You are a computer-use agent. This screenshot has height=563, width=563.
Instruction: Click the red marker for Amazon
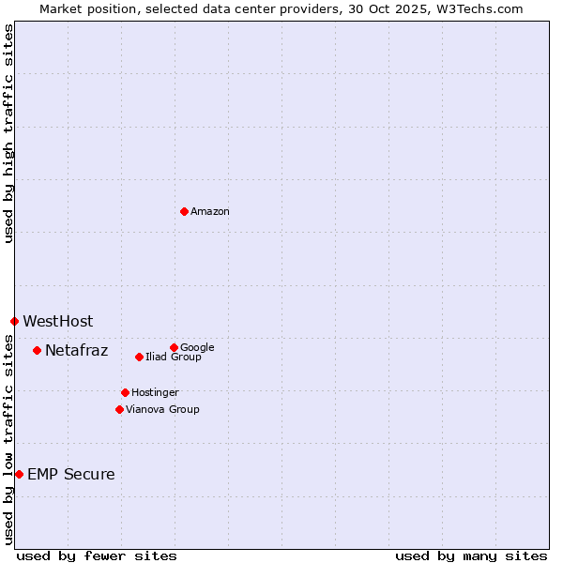coord(184,211)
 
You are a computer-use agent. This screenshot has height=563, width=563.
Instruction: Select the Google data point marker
coord(174,347)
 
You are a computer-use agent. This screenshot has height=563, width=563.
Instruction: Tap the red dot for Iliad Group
coord(139,357)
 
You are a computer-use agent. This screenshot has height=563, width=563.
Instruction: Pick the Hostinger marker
coord(125,392)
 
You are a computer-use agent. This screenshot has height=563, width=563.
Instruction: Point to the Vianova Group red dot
coord(119,409)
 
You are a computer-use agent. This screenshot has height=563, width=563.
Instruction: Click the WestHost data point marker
coord(14,321)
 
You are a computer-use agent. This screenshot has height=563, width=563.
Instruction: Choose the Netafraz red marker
coord(37,350)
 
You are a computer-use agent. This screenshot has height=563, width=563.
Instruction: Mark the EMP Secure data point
coord(19,474)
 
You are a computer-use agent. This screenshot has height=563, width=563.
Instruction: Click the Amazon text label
coord(210,212)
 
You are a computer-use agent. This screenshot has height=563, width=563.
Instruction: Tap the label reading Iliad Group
coord(174,358)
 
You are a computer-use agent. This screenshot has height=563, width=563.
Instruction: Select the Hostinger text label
coord(155,393)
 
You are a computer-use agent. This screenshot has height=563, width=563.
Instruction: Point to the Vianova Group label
coord(162,410)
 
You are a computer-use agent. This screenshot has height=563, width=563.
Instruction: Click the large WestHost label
coord(58,322)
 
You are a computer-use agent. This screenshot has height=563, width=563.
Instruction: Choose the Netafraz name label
coord(77,351)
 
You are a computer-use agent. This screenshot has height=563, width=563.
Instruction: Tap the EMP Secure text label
coord(71,475)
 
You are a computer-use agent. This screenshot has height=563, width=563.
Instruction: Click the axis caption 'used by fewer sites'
coord(97,556)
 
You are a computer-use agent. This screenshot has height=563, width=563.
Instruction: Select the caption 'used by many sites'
coord(471,556)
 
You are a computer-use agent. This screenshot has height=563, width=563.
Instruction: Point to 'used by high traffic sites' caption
coord(8,133)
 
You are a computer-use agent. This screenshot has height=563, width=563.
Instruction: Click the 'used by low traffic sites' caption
coord(8,439)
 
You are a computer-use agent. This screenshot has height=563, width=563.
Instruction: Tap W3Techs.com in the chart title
coord(480,8)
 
